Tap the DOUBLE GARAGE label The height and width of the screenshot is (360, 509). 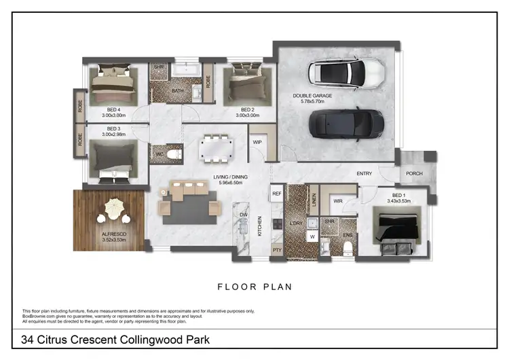pyautogui.click(x=312, y=96)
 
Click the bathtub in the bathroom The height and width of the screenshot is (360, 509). pyautogui.click(x=185, y=71)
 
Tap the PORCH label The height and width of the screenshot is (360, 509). pyautogui.click(x=414, y=174)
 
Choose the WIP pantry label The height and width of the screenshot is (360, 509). pyautogui.click(x=257, y=143)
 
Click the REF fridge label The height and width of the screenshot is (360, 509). pyautogui.click(x=276, y=194)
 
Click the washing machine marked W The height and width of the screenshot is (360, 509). pyautogui.click(x=312, y=237)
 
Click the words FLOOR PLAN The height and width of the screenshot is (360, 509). pyautogui.click(x=254, y=287)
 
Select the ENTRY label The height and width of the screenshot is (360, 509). pyautogui.click(x=364, y=174)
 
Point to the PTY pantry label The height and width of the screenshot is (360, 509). pyautogui.click(x=277, y=250)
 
